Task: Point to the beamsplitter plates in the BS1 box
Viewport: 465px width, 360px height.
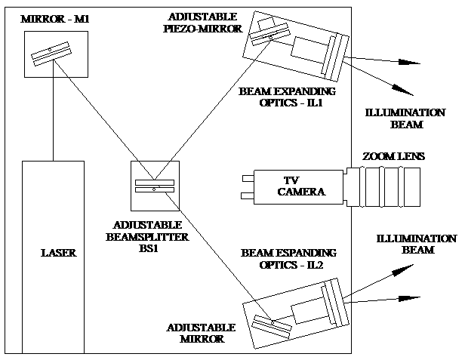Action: click(154, 186)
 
